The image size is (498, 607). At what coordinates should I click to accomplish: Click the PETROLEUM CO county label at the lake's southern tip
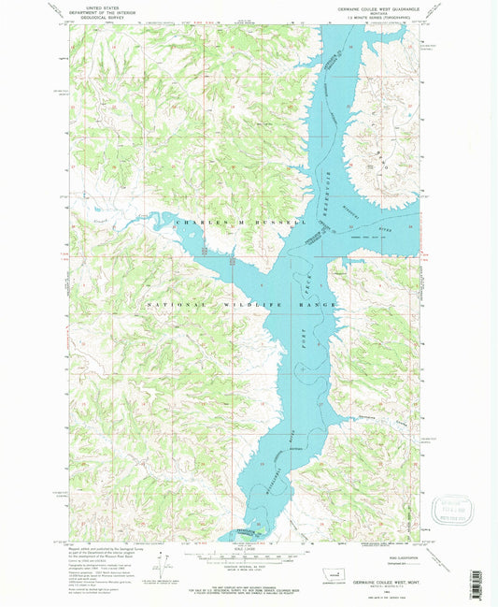pyautogui.click(x=245, y=528)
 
